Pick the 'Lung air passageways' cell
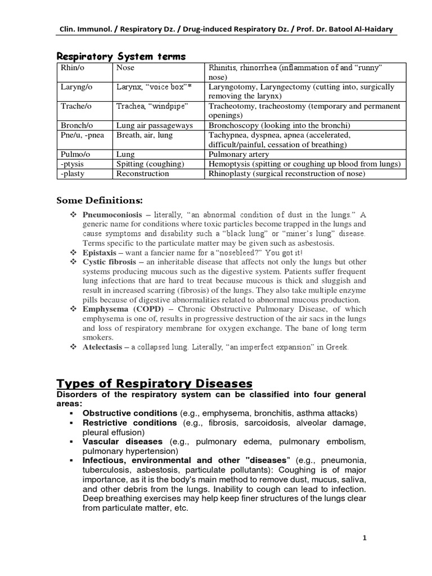coord(154,125)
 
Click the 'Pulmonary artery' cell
coord(238,154)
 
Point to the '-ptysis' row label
coord(73,164)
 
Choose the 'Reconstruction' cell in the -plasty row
coord(142,174)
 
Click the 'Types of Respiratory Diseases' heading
coord(155,384)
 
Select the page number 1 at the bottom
coord(364,538)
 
